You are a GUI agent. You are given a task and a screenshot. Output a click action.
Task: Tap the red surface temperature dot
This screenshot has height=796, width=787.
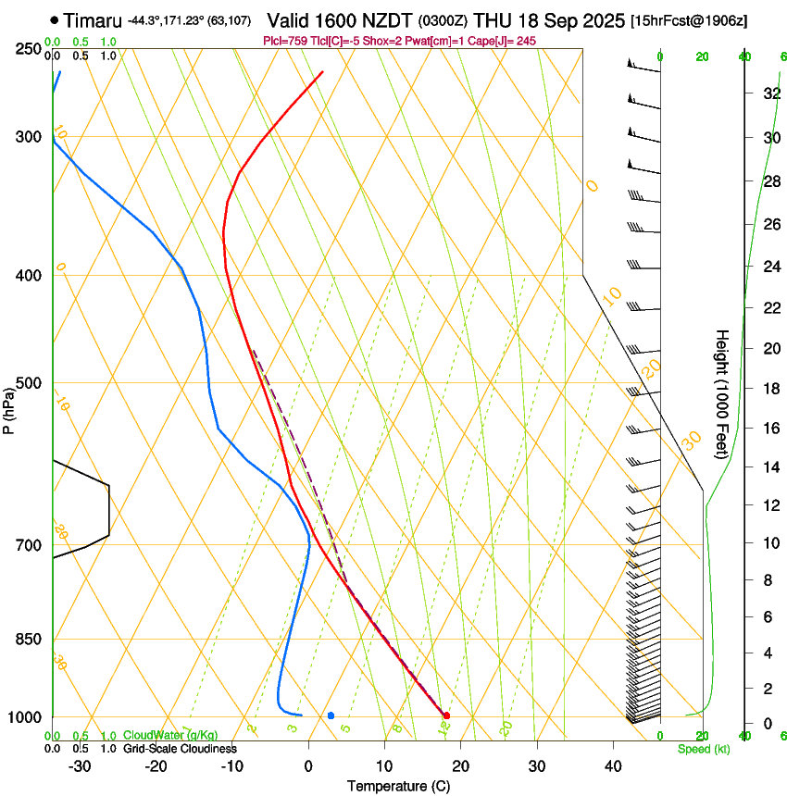[x=446, y=715]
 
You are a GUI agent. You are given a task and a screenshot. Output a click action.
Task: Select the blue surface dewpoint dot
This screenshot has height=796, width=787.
[x=331, y=715]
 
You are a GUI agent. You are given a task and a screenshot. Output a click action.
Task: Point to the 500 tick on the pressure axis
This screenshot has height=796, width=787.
[x=28, y=383]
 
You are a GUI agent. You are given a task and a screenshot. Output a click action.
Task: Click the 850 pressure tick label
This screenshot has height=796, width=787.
[x=28, y=640]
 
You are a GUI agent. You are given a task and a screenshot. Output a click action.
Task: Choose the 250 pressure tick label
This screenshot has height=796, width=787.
[x=28, y=49]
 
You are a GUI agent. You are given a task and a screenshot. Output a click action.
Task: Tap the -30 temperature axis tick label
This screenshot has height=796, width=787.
[x=80, y=766]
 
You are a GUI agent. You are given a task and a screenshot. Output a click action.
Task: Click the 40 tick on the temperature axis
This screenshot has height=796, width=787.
[x=612, y=766]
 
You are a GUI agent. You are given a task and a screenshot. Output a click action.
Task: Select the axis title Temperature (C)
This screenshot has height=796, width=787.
[x=398, y=786]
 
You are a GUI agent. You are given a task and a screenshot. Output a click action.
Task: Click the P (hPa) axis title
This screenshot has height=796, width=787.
[x=8, y=409]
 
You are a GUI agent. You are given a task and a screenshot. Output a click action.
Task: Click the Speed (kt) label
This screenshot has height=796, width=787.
[x=703, y=749]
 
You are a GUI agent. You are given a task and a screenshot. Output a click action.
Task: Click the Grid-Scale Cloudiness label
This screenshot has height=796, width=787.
[x=180, y=749]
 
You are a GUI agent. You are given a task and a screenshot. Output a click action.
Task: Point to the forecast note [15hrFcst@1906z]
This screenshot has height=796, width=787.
[x=689, y=20]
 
